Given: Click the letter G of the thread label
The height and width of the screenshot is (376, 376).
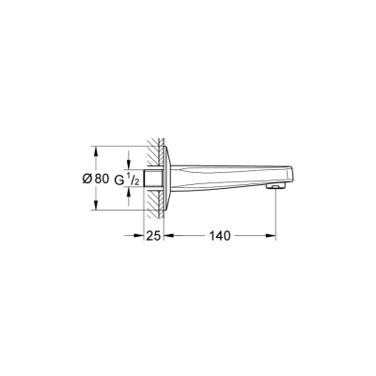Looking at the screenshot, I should tap(119, 179).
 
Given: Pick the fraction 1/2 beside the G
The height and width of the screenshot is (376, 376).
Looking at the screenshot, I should tap(133, 179).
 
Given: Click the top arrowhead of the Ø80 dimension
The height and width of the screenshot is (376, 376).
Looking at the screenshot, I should tap(94, 149).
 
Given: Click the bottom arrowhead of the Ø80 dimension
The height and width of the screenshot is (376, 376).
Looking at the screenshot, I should tap(94, 207).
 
